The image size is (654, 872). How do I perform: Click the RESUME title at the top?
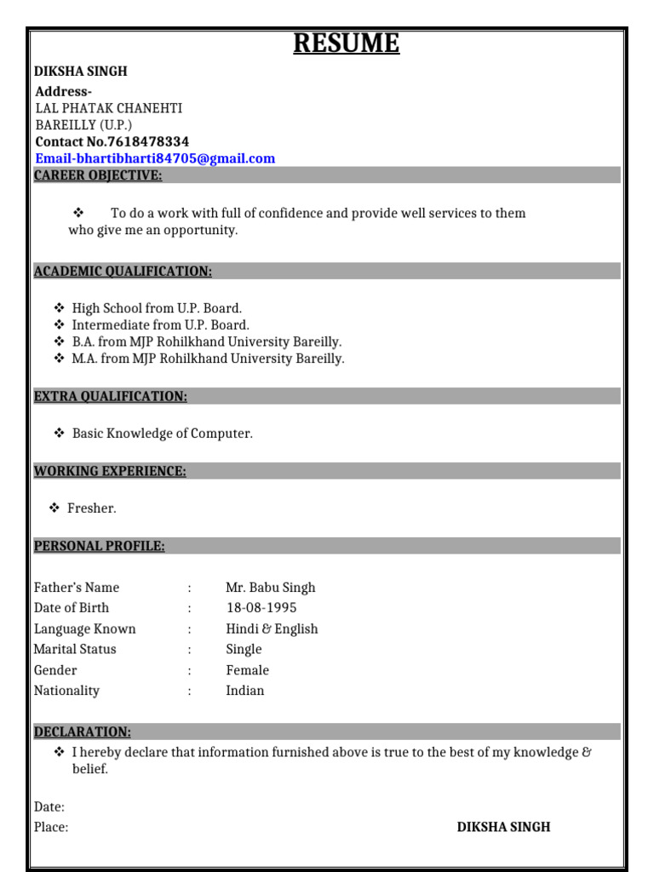tap(347, 43)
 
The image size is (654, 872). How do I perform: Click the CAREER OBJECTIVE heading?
tap(98, 175)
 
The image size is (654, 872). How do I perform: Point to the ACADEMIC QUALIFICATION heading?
tap(123, 271)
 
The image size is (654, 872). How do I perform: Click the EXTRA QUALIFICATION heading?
tap(111, 396)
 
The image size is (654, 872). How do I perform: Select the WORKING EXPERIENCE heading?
tap(110, 471)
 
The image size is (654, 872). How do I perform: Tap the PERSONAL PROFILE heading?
tap(100, 546)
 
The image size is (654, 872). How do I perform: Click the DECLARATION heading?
tap(83, 731)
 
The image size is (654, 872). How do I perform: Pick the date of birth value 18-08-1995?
tap(261, 608)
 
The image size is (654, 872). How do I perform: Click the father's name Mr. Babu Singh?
tap(271, 588)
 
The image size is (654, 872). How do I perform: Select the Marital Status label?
tap(75, 649)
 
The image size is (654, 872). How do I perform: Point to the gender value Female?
tap(247, 670)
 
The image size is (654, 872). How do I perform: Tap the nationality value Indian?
tap(245, 691)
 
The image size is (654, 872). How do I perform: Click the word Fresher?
tap(92, 508)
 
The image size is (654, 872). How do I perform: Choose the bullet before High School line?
tap(59, 308)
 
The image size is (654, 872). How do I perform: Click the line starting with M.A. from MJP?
tap(208, 359)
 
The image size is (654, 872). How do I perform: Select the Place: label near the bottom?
tap(51, 827)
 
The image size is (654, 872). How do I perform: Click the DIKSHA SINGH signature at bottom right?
tap(503, 827)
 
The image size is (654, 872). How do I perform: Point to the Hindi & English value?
tap(272, 628)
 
